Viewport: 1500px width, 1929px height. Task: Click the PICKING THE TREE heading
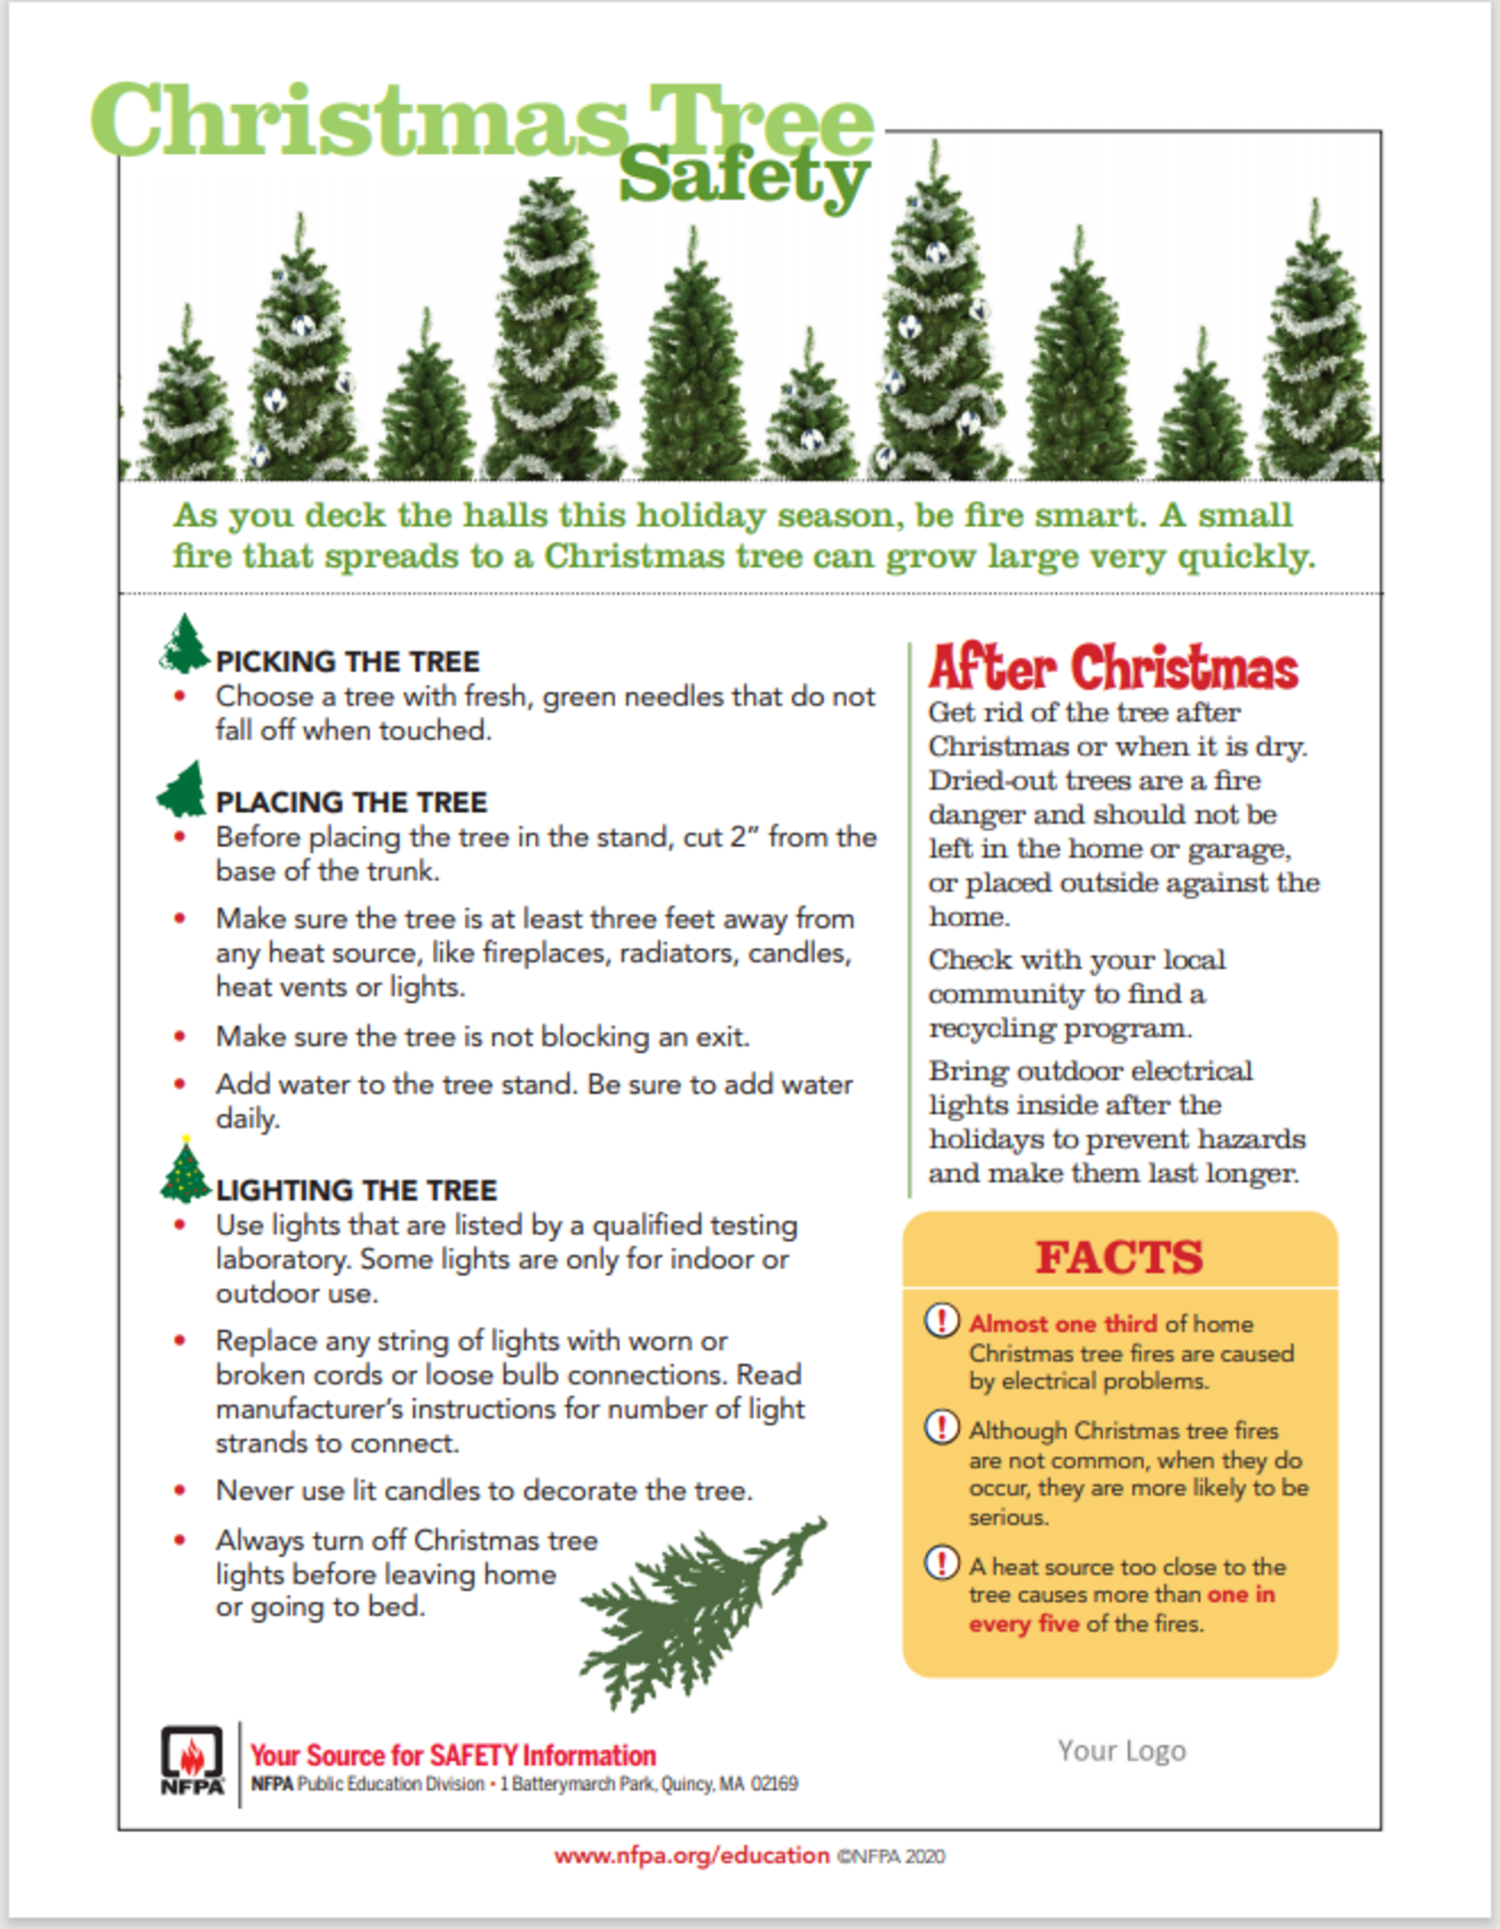point(347,661)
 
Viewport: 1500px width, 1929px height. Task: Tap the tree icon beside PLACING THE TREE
point(183,789)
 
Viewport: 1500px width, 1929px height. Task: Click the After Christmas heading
point(1113,669)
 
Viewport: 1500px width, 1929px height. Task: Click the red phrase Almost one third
point(1063,1323)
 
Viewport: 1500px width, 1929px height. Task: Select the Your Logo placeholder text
point(1122,1750)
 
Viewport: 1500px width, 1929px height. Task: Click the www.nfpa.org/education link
point(692,1856)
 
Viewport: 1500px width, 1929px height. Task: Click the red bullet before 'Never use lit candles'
point(180,1491)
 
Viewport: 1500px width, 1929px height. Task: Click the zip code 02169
point(775,1784)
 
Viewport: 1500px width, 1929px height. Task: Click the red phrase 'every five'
point(1024,1623)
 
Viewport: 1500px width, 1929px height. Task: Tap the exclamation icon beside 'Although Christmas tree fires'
point(942,1426)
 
